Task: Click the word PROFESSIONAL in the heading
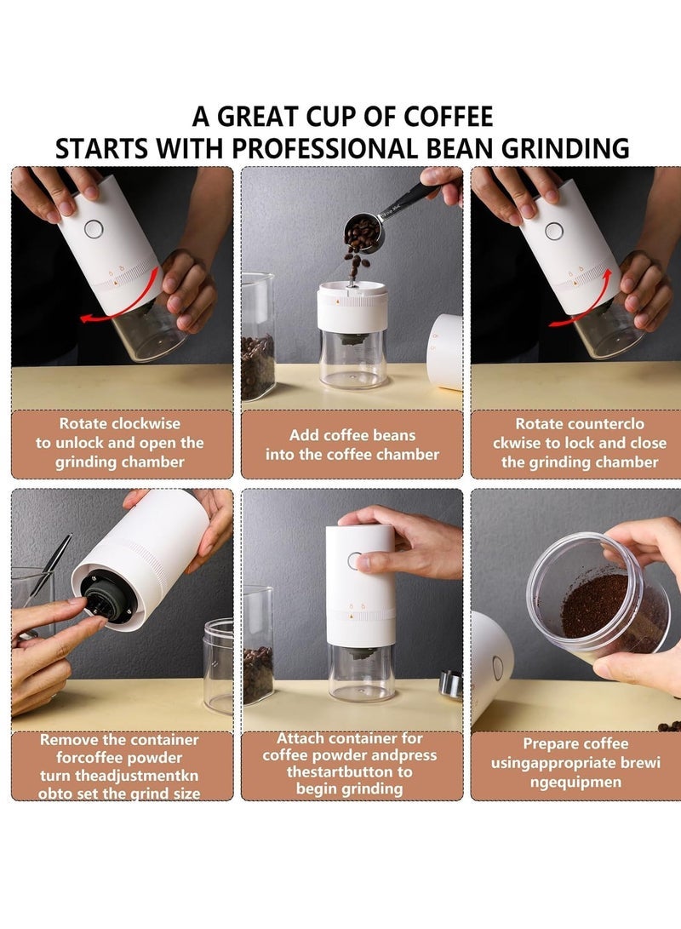(x=323, y=147)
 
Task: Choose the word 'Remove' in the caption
(x=71, y=740)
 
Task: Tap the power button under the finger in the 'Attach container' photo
(x=355, y=560)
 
